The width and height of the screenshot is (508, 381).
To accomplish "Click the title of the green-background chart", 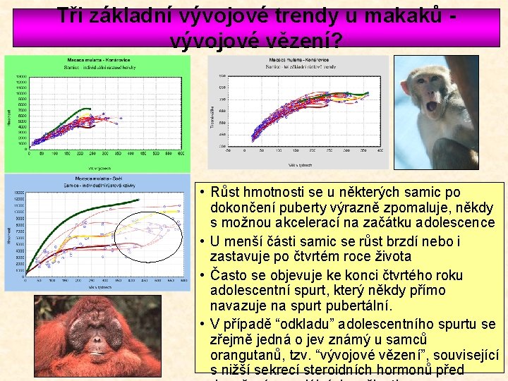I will point(97,63).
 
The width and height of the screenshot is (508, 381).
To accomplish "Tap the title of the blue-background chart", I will point(97,181).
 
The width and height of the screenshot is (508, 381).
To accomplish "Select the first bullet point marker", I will point(202,193).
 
